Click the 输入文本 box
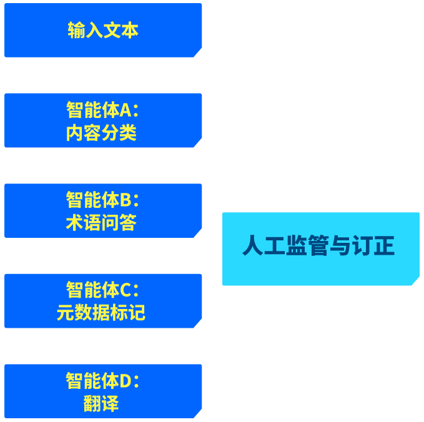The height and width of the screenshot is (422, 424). click(x=103, y=30)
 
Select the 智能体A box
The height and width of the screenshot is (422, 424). click(x=103, y=120)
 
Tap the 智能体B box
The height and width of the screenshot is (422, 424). click(x=103, y=210)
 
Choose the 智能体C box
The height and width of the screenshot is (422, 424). click(x=103, y=301)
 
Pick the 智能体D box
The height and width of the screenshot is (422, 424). click(x=103, y=391)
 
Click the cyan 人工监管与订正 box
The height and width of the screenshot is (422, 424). click(x=321, y=248)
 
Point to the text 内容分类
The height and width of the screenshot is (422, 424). click(x=101, y=132)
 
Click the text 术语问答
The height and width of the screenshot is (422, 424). click(x=101, y=223)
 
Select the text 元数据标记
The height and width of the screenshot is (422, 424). click(x=101, y=313)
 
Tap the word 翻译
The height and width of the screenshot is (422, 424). click(x=101, y=403)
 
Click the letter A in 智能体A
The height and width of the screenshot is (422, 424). click(x=126, y=110)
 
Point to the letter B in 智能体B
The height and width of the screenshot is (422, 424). click(x=126, y=200)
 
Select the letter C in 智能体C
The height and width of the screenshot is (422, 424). click(x=126, y=290)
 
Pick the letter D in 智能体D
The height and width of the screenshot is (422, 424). click(x=126, y=381)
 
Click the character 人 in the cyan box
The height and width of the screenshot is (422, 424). click(x=253, y=245)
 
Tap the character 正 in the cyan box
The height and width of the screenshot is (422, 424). click(x=384, y=245)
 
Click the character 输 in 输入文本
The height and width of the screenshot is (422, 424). click(x=77, y=30)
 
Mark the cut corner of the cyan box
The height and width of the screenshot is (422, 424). click(x=416, y=281)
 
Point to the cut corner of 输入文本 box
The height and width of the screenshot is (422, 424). click(x=198, y=52)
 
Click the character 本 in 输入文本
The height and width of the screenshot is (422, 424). click(x=130, y=30)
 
